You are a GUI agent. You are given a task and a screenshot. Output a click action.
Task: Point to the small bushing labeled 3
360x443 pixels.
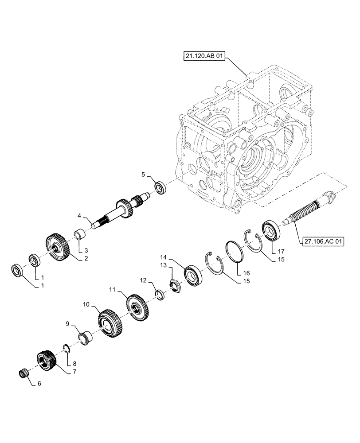click(79, 233)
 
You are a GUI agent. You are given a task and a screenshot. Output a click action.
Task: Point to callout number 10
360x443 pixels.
click(86, 305)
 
